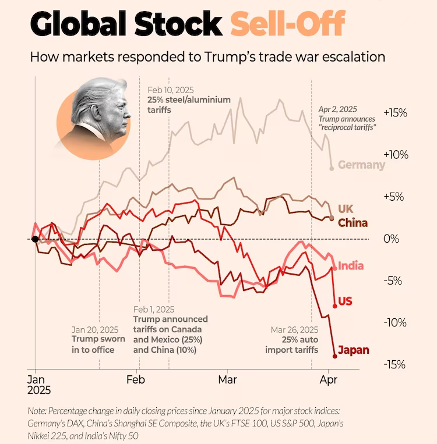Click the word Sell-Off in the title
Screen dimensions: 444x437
[287, 24]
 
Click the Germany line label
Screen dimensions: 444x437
[361, 165]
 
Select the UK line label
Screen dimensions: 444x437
[346, 208]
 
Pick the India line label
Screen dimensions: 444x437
[351, 265]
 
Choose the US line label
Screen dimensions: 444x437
[345, 301]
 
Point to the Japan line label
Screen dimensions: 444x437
[354, 351]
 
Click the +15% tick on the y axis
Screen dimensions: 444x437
[395, 113]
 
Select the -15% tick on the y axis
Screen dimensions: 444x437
[395, 364]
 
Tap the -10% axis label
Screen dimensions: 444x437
[395, 322]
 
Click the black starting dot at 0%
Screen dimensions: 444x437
[35, 239]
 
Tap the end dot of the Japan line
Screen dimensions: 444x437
[334, 356]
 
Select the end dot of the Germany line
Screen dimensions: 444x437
[332, 168]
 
